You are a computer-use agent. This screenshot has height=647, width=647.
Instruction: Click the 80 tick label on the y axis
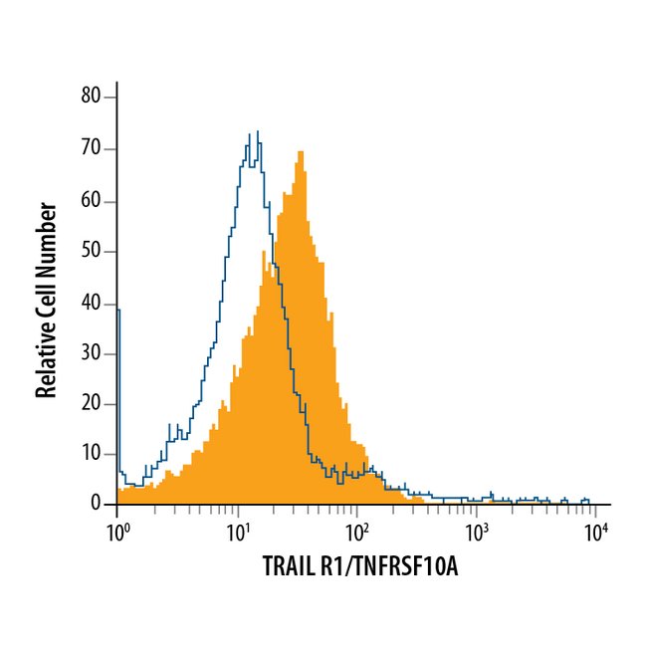[x=92, y=98]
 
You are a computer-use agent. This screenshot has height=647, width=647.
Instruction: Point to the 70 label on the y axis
[x=92, y=149]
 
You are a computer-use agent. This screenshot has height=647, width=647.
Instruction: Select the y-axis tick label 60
[x=92, y=201]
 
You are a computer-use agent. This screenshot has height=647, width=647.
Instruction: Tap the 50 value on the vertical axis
[x=92, y=252]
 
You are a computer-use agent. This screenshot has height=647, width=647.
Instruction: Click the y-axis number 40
[x=92, y=304]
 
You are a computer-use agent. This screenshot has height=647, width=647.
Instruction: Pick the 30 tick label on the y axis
[x=92, y=355]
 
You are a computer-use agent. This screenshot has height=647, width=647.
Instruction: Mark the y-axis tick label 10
[x=92, y=454]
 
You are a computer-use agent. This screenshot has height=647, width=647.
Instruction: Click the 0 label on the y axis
[x=97, y=505]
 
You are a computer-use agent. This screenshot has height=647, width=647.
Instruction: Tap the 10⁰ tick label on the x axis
[x=117, y=535]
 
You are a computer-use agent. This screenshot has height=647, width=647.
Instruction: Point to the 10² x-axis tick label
[x=356, y=535]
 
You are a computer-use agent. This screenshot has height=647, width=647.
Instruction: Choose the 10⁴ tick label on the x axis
[x=595, y=535]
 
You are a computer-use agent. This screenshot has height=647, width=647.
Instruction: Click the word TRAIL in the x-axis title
[x=286, y=568]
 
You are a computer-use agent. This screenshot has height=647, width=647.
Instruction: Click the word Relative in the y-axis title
[x=46, y=355]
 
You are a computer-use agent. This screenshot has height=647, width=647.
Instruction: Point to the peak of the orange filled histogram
[x=300, y=152]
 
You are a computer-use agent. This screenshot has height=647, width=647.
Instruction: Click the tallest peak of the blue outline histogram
[x=257, y=131]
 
